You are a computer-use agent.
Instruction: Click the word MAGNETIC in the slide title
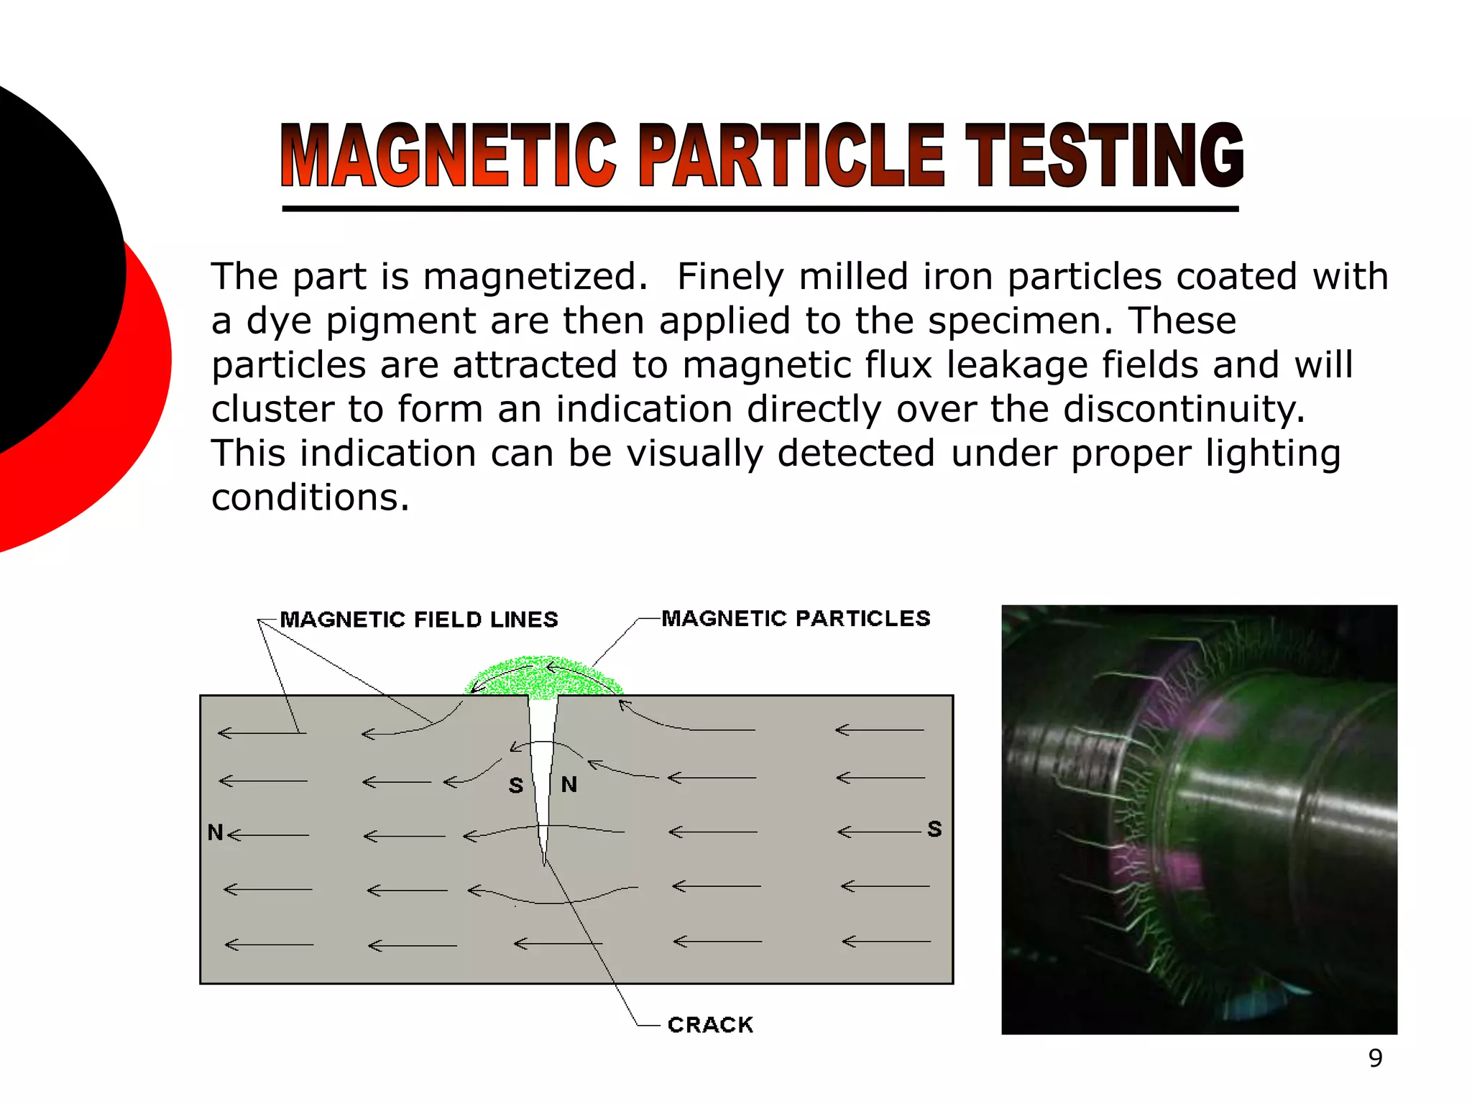point(448,156)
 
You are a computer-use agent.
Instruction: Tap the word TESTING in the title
point(1104,156)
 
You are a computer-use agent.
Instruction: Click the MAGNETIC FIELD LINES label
point(419,620)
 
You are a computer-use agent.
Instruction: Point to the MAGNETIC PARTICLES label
point(796,618)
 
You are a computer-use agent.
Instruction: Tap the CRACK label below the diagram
point(710,1024)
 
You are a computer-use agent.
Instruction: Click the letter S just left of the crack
point(516,786)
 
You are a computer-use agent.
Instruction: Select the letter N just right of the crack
point(569,784)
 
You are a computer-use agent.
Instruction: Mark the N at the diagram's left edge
point(215,832)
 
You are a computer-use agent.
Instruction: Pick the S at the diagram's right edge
point(934,829)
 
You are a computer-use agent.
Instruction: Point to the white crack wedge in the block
point(543,762)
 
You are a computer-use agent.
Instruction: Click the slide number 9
point(1375,1058)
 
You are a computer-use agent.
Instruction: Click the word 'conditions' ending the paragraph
point(310,497)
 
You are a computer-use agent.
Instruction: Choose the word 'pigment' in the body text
point(400,321)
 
